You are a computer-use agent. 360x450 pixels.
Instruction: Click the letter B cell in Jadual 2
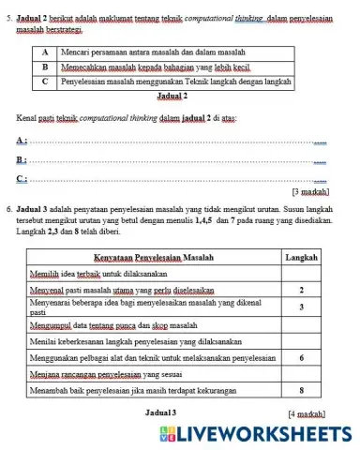click(x=44, y=68)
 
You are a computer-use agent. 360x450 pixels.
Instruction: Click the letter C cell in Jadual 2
click(x=44, y=82)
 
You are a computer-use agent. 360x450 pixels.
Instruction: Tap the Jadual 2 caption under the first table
click(x=172, y=96)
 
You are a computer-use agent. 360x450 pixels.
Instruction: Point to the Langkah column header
click(x=301, y=255)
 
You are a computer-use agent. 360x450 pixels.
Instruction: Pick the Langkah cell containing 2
click(x=301, y=290)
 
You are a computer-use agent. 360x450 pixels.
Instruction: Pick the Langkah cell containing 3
click(x=301, y=307)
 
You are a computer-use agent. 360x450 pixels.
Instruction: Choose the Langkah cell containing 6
click(x=301, y=357)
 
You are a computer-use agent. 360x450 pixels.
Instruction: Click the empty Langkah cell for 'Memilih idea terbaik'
click(x=301, y=273)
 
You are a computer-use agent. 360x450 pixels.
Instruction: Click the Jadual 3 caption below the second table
click(x=156, y=412)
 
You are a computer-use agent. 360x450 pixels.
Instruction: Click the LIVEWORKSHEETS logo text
click(x=258, y=433)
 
